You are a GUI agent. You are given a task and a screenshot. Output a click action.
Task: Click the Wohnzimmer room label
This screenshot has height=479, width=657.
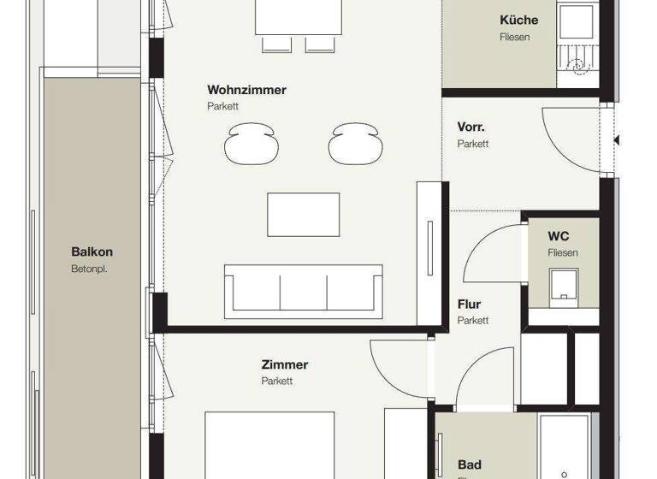coord(246,90)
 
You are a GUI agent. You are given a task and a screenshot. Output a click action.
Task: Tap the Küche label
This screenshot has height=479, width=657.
coord(519,20)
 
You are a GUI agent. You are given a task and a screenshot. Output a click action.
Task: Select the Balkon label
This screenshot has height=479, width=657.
coord(92,252)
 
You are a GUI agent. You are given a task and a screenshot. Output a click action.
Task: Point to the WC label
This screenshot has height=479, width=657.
coord(559,235)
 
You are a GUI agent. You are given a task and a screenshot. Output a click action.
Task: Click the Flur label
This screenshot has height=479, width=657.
coord(469,305)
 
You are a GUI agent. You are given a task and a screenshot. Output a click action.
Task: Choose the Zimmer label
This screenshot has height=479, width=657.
coord(285,364)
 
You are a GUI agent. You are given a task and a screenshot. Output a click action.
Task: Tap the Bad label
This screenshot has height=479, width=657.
coord(470,465)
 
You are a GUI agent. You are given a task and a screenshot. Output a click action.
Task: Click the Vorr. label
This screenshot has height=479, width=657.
coord(471,127)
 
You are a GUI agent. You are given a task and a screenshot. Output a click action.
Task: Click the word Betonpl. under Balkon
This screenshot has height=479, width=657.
coord(89,269)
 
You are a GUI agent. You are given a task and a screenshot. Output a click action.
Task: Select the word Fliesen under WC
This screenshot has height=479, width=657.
coord(563,253)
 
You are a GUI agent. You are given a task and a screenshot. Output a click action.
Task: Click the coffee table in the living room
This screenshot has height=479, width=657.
coord(303,215)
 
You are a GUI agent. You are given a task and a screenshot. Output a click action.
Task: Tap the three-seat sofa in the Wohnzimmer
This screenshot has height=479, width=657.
coord(303,287)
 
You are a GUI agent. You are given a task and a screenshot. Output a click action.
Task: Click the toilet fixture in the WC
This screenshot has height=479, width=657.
coord(564,285)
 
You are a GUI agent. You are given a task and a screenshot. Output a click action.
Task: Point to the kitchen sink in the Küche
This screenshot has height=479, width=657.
coord(573,19)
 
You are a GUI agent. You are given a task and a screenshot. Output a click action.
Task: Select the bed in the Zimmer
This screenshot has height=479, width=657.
coord(269,445)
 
